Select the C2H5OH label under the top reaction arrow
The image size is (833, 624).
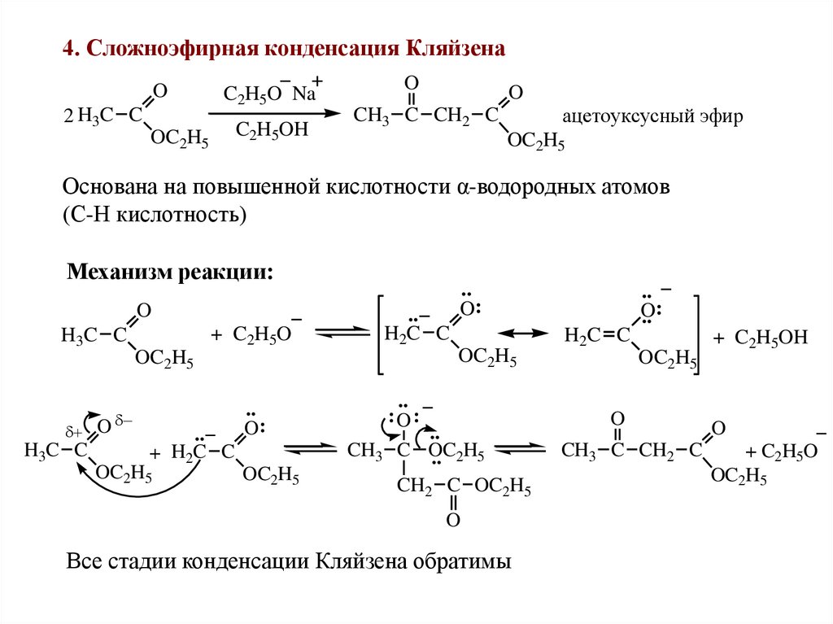tap(273, 130)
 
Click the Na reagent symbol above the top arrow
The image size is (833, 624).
tap(303, 93)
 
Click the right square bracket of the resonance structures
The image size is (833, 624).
tap(696, 334)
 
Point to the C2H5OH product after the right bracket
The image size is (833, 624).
tap(770, 337)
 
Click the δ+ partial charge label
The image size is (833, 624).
tap(72, 432)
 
